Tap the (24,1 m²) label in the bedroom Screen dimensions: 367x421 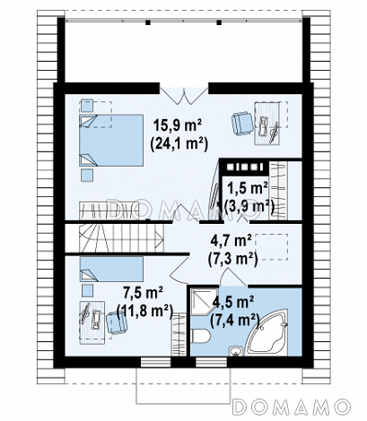[x=179, y=144]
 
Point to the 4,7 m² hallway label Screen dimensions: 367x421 [x=231, y=241]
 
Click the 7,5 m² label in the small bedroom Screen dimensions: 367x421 [x=143, y=293]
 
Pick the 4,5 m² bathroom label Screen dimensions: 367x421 [x=233, y=303]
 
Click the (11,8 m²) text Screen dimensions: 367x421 [x=145, y=312]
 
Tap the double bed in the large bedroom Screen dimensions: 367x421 [x=111, y=140]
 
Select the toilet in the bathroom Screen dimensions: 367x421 [x=200, y=337]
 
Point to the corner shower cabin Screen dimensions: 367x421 [x=204, y=301]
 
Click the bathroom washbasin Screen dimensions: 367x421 [x=237, y=351]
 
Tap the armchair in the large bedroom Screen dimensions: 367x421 [x=242, y=124]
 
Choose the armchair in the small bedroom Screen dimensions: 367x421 [x=117, y=322]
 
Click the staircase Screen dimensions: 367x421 [x=121, y=238]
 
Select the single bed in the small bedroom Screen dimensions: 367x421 [x=111, y=269]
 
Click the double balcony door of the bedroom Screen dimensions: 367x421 [x=184, y=96]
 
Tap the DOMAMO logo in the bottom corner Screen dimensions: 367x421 [x=292, y=407]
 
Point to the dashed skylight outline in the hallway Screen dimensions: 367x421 [x=272, y=246]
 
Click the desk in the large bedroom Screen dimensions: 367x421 [x=267, y=124]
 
